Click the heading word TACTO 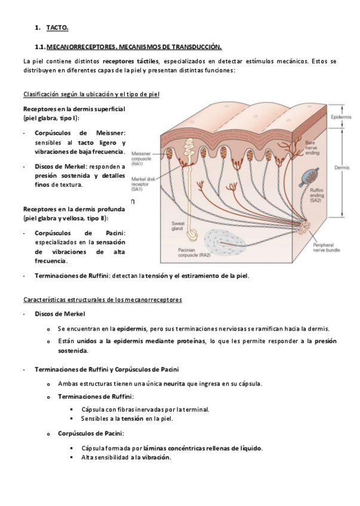57,27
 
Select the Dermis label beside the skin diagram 341,168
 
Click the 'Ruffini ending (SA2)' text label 316,195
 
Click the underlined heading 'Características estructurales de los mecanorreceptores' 102,300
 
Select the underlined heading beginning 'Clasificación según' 91,94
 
